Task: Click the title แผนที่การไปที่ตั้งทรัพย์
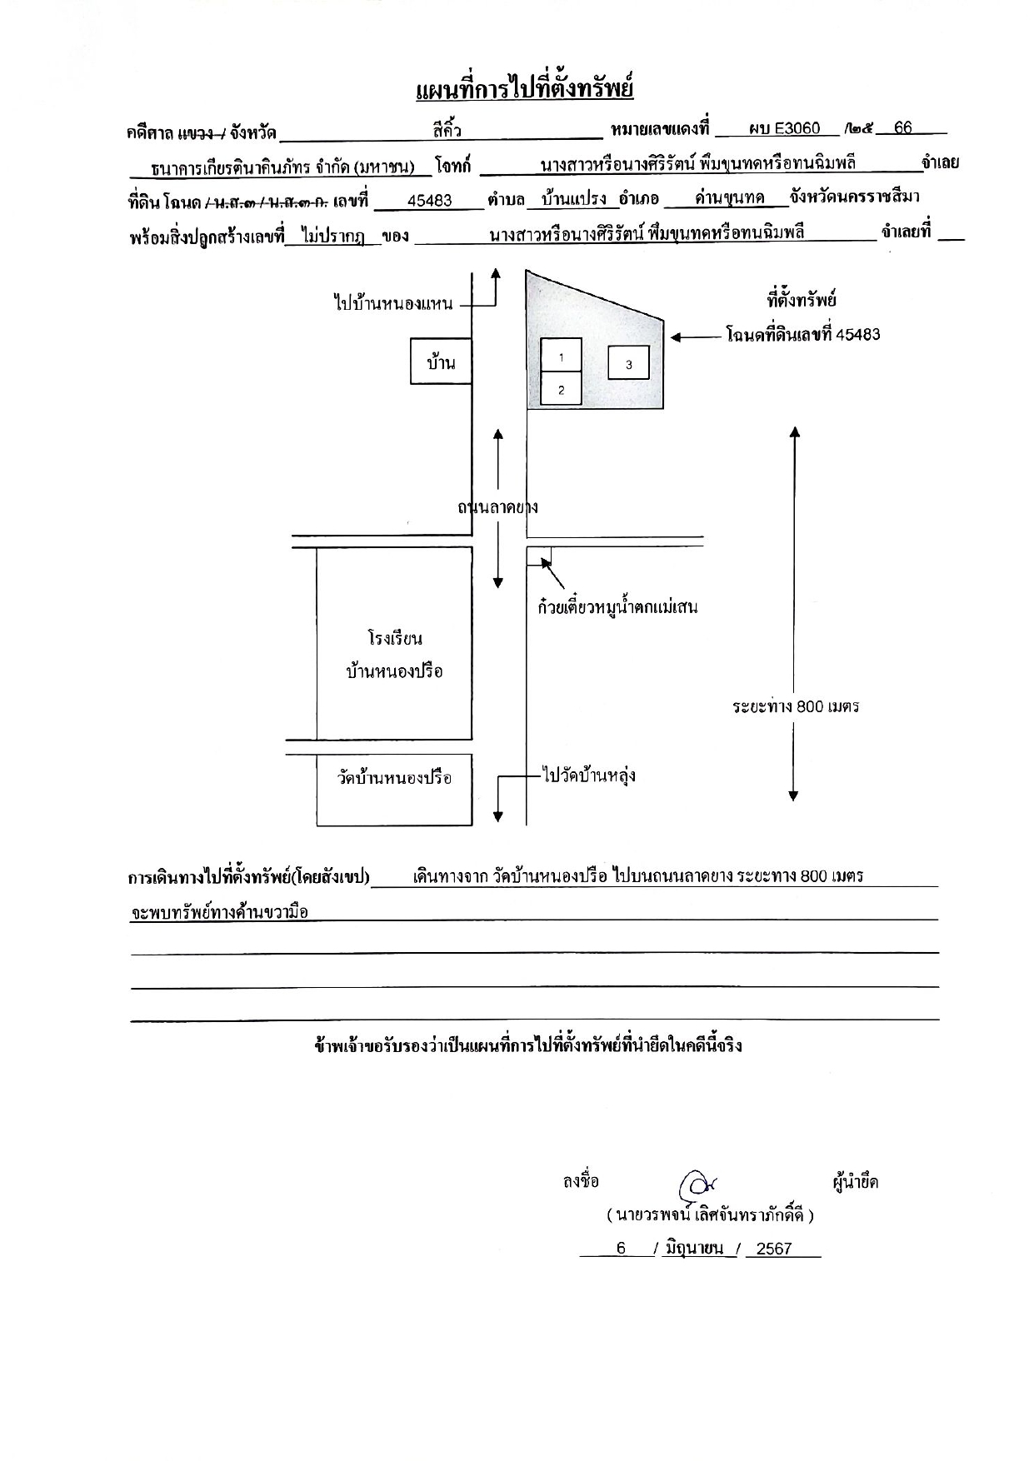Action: (524, 88)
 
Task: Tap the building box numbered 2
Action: (562, 388)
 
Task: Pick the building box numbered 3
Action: (628, 363)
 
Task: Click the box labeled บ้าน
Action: (441, 362)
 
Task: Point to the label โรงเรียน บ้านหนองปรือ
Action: (394, 655)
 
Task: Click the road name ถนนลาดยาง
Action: (497, 506)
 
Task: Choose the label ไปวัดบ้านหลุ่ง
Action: (588, 775)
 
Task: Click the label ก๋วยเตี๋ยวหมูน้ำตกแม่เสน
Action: (617, 606)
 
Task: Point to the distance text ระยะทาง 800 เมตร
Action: (796, 706)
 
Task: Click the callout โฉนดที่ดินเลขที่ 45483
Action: (803, 335)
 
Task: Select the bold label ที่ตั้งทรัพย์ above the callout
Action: (802, 300)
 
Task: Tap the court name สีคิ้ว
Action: (447, 130)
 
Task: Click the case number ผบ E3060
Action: (784, 128)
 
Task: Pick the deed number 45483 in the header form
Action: (430, 201)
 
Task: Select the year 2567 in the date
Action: (774, 1249)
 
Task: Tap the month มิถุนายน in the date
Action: (693, 1248)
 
